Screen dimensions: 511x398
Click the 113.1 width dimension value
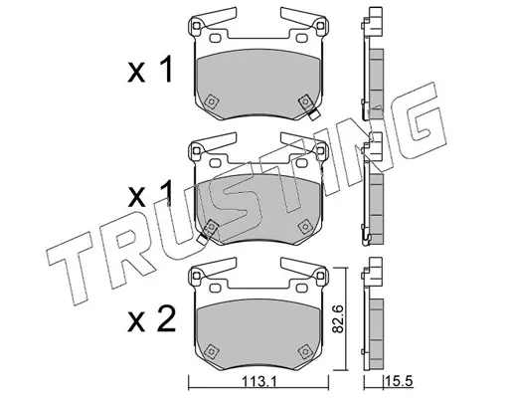tap(258, 382)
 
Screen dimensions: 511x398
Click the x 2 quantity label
tap(151, 318)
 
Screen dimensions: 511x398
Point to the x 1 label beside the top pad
tap(150, 70)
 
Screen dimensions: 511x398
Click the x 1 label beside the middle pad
tap(150, 193)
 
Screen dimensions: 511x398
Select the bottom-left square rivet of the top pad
tap(211, 101)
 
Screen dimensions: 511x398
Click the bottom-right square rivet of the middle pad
tap(304, 226)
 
